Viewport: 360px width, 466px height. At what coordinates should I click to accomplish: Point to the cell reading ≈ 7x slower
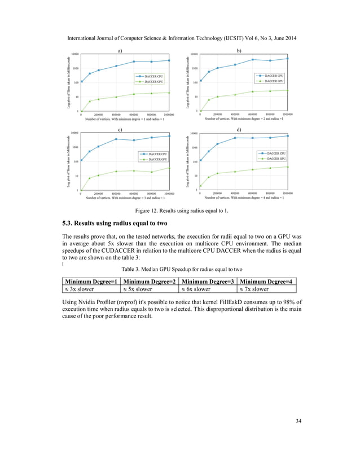point(253,289)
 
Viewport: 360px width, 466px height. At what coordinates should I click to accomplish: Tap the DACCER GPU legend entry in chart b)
point(274,81)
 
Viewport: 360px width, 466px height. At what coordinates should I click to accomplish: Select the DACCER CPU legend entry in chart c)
point(153,153)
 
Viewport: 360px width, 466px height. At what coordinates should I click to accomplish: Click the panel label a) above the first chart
point(120,51)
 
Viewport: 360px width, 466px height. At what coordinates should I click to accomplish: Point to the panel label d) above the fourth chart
point(239,130)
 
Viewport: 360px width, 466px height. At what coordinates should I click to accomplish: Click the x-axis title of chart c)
point(125,198)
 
